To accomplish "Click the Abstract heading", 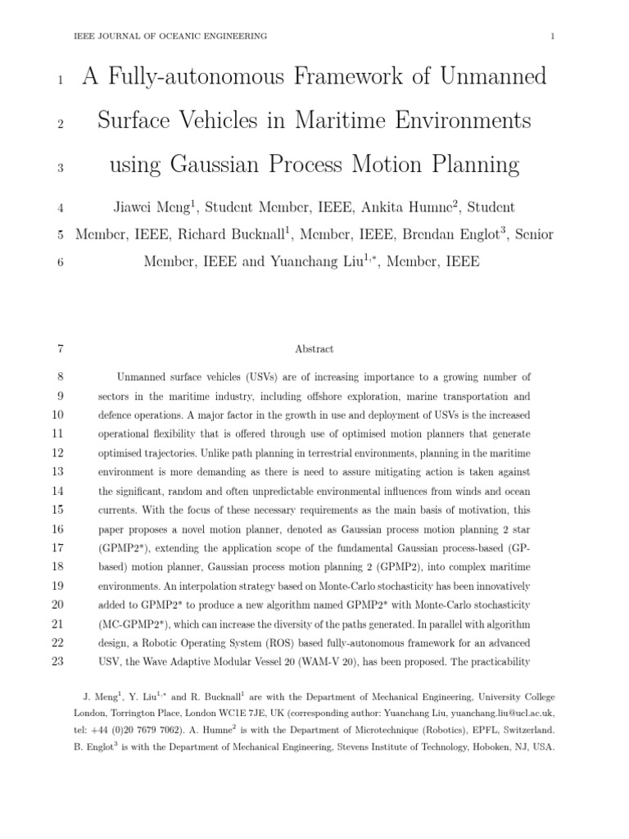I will (x=314, y=349).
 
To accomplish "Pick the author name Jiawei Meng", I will (x=152, y=207).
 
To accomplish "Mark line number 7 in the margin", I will (x=60, y=349).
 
